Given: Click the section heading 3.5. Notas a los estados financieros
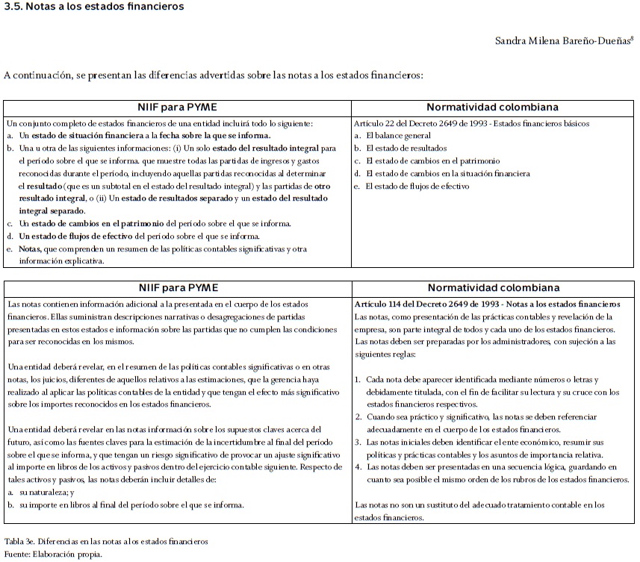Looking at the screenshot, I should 93,7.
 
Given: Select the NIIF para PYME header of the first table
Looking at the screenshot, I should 177,107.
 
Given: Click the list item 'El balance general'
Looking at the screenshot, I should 398,135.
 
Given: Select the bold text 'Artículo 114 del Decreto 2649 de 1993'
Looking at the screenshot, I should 434,305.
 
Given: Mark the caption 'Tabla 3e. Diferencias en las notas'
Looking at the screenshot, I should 106,541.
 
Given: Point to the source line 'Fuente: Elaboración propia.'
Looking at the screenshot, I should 53,554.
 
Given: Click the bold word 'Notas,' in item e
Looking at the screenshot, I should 31,249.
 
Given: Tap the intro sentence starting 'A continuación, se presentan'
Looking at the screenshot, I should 214,75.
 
